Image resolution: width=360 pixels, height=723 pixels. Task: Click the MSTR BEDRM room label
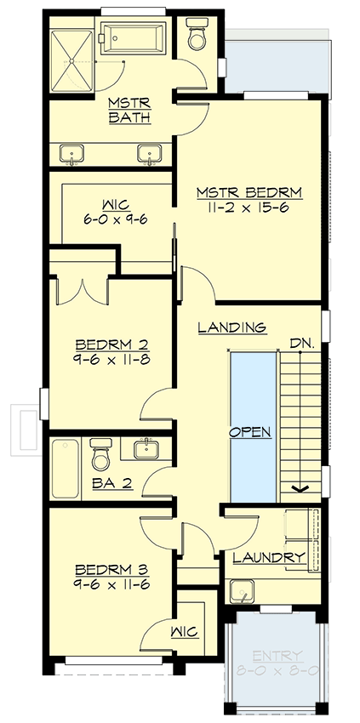tap(250, 191)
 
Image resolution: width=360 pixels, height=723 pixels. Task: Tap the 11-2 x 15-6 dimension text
tap(250, 208)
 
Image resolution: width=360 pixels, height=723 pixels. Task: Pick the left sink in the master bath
tap(73, 153)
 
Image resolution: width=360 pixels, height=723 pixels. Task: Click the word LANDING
tap(231, 327)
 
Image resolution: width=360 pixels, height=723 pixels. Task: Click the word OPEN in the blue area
tap(252, 431)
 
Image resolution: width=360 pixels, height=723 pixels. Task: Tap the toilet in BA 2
tap(101, 454)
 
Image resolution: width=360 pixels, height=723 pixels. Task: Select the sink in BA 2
tap(147, 447)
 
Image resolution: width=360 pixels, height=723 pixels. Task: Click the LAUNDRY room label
tap(269, 558)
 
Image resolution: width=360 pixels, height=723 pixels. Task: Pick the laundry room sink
tap(243, 590)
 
